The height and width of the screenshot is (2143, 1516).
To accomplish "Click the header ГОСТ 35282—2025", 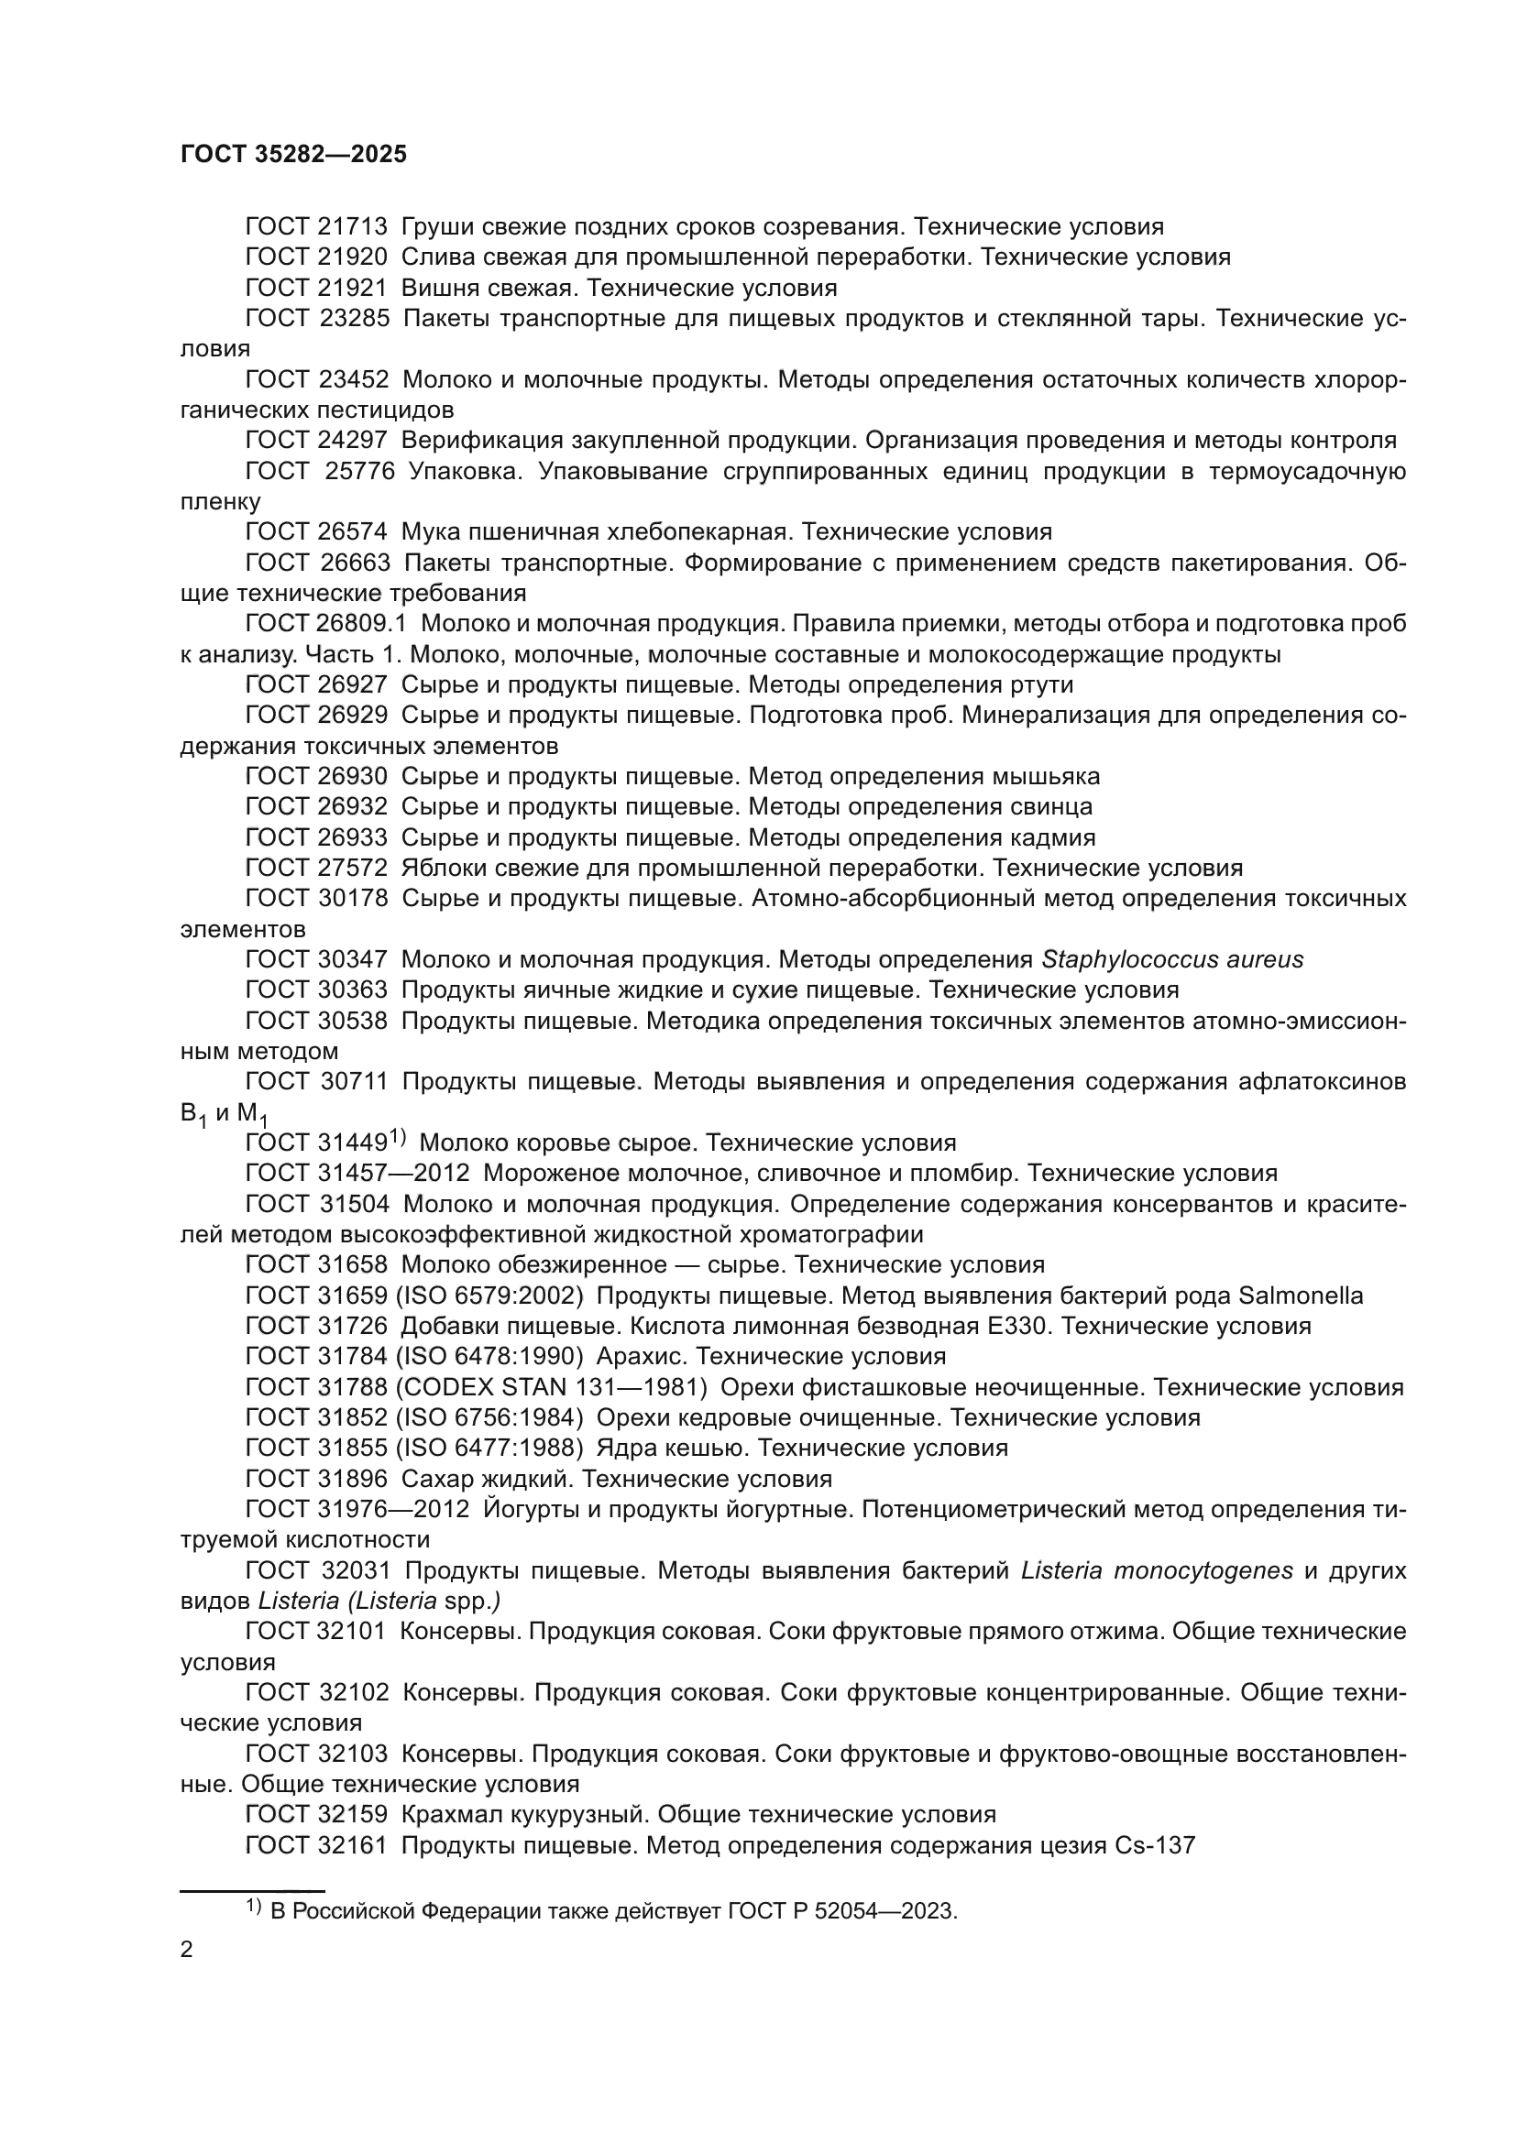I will tap(293, 155).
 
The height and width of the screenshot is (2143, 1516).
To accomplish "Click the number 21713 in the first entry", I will tap(352, 227).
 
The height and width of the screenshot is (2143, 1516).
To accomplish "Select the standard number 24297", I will tap(352, 441).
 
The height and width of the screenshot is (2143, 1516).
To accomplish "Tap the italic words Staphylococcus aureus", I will tap(1171, 959).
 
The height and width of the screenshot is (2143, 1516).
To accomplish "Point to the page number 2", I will tap(187, 1950).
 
